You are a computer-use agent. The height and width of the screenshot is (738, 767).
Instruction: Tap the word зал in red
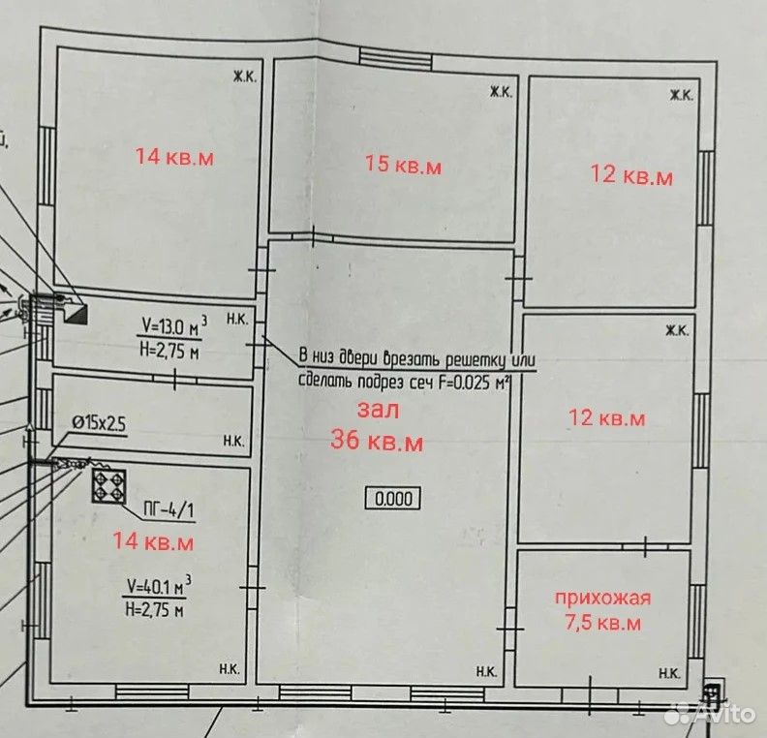pos(378,410)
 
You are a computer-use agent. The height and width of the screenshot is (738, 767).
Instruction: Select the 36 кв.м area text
pos(377,440)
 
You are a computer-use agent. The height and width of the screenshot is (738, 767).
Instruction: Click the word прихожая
pos(602,599)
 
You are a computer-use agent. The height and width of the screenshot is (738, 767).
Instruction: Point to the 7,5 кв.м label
pos(602,623)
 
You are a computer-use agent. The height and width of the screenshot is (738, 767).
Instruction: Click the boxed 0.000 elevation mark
pos(393,499)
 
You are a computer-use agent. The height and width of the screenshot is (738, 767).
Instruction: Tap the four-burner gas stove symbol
pos(108,486)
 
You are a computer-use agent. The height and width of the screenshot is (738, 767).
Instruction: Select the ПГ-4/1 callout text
pos(169,511)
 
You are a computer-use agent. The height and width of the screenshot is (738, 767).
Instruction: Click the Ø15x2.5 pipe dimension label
pos(99,423)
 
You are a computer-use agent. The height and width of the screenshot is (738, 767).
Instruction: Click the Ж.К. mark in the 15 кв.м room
pos(501,91)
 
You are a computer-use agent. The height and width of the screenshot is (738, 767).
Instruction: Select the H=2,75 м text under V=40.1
pos(155,609)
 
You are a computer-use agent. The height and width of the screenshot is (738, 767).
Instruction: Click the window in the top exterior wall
pos(396,57)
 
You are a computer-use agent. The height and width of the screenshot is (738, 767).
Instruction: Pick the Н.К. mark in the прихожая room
pos(668,673)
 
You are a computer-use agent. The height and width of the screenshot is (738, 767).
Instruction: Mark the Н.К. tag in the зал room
pos(487,672)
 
